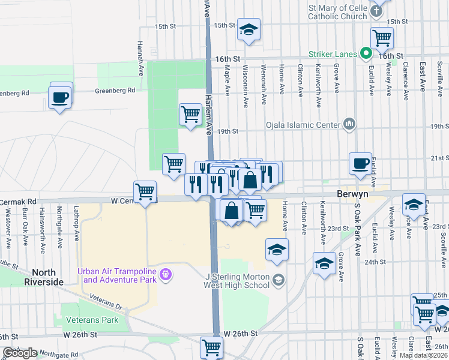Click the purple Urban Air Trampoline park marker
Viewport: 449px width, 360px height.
pyautogui.click(x=166, y=275)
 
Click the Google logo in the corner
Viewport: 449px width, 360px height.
pyautogui.click(x=20, y=353)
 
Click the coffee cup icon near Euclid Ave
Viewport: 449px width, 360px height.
pyautogui.click(x=360, y=163)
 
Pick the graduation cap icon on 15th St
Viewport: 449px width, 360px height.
pyautogui.click(x=249, y=28)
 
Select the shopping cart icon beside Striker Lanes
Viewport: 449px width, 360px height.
pyautogui.click(x=382, y=38)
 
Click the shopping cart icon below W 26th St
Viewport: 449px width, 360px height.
pyautogui.click(x=211, y=346)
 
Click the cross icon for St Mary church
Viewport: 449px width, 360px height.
pyautogui.click(x=376, y=11)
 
